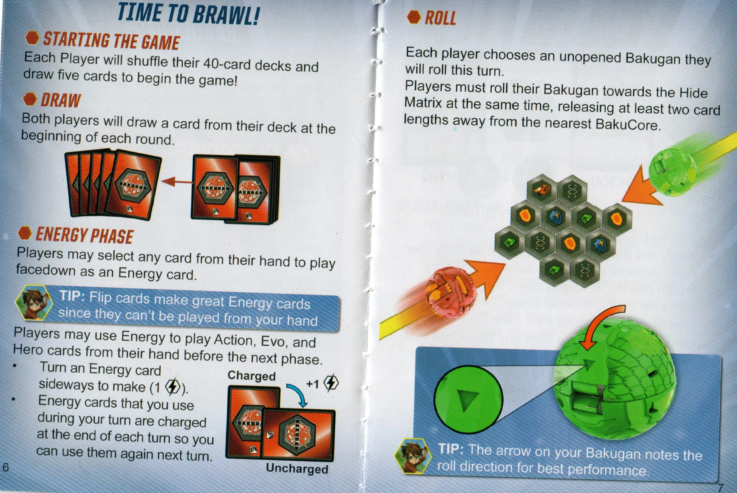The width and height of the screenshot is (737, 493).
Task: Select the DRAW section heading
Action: click(x=60, y=100)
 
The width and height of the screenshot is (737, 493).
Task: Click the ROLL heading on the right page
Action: click(x=440, y=18)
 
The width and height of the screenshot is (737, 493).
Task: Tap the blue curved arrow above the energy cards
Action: click(x=297, y=394)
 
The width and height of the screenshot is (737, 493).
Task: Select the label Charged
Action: click(x=251, y=376)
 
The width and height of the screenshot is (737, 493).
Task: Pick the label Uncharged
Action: click(x=297, y=469)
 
